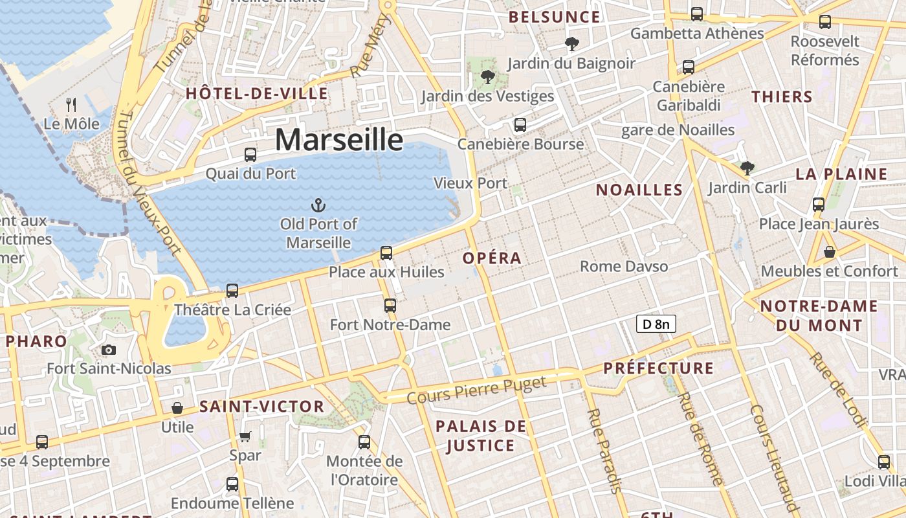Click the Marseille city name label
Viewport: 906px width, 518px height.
[340, 140]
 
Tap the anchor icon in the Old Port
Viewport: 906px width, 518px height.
[318, 205]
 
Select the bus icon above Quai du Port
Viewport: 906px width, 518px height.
[250, 155]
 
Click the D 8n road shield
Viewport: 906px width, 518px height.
[656, 324]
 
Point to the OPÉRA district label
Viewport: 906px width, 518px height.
[492, 258]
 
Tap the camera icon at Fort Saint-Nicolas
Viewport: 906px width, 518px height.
[109, 350]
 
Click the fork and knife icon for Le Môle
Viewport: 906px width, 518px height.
[72, 104]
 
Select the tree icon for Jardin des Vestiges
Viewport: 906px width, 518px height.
[488, 78]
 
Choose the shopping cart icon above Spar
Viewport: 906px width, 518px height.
[245, 436]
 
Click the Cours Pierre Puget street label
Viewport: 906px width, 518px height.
[477, 389]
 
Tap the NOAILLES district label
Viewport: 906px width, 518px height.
[639, 190]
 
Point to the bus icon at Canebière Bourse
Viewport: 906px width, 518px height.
[520, 125]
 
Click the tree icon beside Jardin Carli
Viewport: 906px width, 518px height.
[747, 168]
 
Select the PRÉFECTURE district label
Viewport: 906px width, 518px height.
[659, 368]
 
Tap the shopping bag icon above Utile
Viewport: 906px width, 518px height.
[177, 408]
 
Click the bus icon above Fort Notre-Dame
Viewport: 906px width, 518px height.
[390, 305]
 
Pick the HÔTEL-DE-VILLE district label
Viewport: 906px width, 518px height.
[257, 94]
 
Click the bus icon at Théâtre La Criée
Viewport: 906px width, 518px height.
[232, 291]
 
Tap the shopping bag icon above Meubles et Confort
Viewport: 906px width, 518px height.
[829, 252]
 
